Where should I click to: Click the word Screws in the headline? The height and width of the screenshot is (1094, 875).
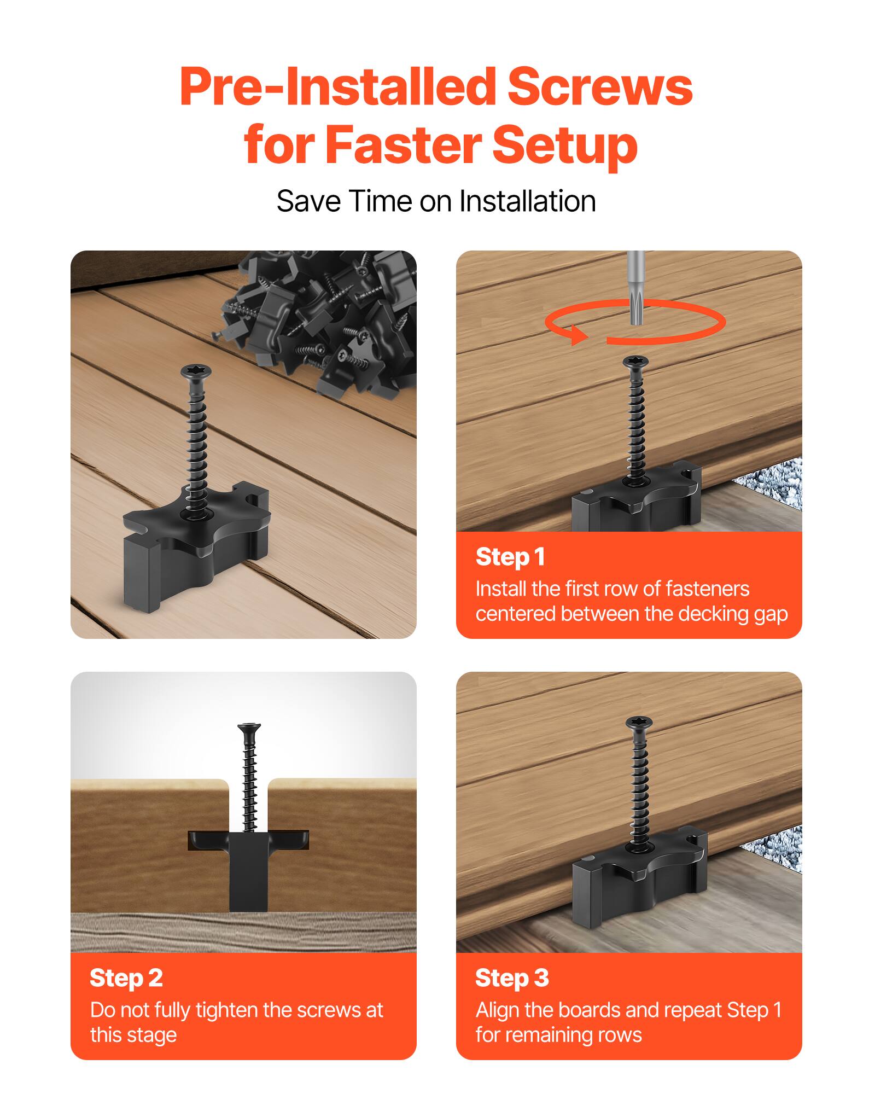(600, 88)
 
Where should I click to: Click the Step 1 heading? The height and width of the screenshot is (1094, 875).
(510, 557)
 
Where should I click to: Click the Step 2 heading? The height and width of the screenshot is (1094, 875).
(126, 977)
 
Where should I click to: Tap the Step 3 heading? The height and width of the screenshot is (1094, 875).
(511, 977)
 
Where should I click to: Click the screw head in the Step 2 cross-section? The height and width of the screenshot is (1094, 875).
(249, 728)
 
